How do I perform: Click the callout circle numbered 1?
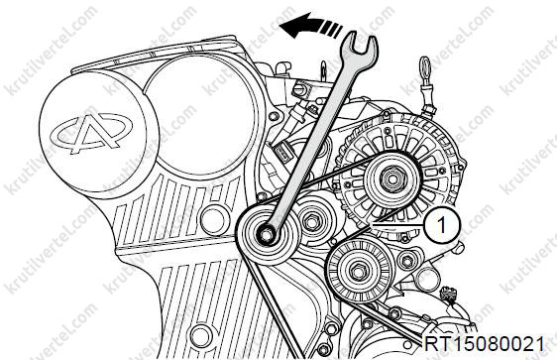(442, 225)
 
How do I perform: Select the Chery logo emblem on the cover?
(91, 132)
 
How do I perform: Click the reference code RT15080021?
(484, 344)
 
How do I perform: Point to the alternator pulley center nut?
(391, 179)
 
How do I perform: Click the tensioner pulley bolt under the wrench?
(266, 234)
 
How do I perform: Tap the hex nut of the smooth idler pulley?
(310, 222)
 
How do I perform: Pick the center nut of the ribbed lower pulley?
(358, 271)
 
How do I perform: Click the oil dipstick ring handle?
(425, 67)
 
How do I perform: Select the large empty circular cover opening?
(200, 114)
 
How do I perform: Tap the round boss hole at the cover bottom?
(201, 336)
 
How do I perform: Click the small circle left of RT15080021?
(408, 344)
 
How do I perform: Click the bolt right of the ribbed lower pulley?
(406, 261)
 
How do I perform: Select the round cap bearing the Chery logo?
(98, 133)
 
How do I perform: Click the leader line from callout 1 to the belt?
(396, 225)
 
